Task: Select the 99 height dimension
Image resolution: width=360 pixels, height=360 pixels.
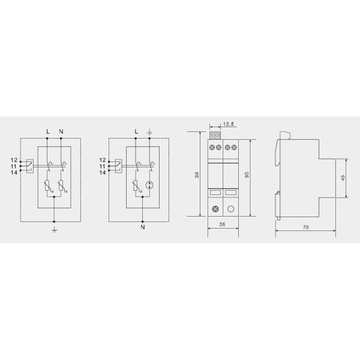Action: [196, 175]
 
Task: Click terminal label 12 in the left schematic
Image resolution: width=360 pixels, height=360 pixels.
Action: [14, 160]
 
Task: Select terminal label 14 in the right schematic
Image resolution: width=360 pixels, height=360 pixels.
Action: [102, 172]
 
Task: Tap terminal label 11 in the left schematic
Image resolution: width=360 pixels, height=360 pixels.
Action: [14, 166]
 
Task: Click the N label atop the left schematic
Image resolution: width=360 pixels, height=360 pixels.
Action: [61, 131]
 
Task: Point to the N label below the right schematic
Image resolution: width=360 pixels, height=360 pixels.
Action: [142, 227]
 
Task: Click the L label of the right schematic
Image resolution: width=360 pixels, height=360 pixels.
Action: [136, 131]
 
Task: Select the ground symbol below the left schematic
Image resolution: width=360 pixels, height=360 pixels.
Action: [55, 228]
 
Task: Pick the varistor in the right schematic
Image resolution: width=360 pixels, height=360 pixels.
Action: [136, 186]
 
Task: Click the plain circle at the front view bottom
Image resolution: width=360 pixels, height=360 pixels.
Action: [230, 209]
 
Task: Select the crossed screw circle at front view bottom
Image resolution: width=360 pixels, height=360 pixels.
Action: [214, 209]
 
